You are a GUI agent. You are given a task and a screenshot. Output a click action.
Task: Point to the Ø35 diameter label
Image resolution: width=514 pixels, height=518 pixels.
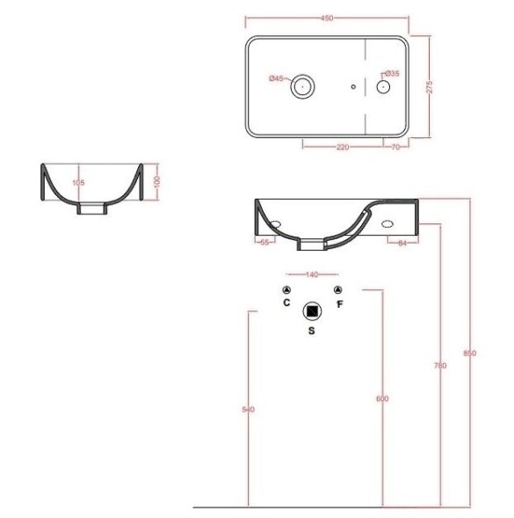392,74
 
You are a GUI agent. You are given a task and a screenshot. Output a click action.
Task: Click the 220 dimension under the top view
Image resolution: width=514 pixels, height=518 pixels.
341,147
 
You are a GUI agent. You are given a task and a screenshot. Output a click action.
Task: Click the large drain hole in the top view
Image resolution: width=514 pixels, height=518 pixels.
303,85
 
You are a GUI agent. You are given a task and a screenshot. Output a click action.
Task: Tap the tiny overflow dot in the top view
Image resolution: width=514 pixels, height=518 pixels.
352,87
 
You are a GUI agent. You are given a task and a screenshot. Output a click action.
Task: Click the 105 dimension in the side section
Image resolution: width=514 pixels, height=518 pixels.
78,184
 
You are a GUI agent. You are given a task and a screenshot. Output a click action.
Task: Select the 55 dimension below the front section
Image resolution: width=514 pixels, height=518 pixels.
264,243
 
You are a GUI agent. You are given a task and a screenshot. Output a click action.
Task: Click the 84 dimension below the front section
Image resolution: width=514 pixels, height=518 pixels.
401,243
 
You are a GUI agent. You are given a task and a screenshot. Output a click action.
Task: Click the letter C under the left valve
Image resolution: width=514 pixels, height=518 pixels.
286,303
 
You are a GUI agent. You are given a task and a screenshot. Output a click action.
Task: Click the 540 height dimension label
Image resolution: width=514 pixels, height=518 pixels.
249,410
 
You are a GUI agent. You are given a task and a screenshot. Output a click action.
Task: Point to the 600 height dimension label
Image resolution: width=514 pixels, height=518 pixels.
382,399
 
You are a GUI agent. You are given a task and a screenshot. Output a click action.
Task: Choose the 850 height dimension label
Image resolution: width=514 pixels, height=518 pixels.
470,354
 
